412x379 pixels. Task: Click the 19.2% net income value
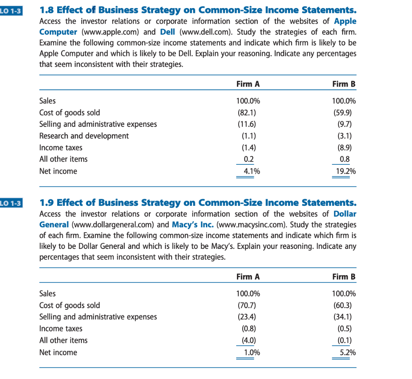point(345,171)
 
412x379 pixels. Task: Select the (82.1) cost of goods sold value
point(249,112)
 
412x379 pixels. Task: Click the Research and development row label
point(84,136)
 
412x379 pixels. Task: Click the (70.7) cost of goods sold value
point(249,305)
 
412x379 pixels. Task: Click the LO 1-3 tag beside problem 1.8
point(11,10)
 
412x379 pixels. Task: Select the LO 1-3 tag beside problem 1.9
point(11,202)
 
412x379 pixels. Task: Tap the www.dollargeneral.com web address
point(113,225)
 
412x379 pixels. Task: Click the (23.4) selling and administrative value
point(249,317)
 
